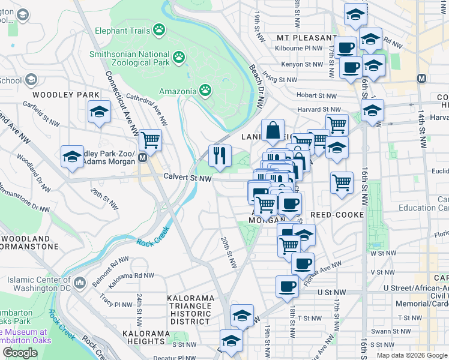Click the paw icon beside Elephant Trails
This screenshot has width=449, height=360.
[x=159, y=29]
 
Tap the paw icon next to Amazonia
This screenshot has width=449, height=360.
[x=205, y=91]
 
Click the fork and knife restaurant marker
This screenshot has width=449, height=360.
[x=220, y=156]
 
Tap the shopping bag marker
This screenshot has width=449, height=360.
[x=273, y=130]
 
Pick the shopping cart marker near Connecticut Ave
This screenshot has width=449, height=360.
[x=150, y=140]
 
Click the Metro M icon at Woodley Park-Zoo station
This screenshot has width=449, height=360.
[x=142, y=158]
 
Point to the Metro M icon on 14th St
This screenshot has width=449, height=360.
[x=422, y=78]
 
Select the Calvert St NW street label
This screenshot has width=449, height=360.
[x=188, y=178]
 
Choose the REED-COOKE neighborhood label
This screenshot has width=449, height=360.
[x=337, y=215]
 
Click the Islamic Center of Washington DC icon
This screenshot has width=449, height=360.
[x=80, y=281]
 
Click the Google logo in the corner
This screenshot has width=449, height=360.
[x=20, y=353]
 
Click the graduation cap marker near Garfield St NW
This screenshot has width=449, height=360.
[x=100, y=112]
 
